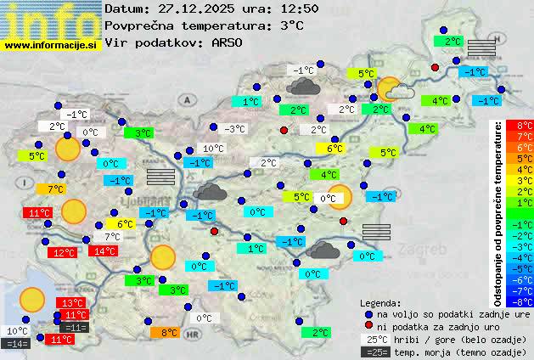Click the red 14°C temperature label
coord(104,251)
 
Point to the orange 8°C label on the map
coord(168,333)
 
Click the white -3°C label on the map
coord(235,129)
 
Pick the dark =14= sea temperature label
coord(16,344)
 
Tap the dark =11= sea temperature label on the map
coord(75,328)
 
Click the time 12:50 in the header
coord(273,9)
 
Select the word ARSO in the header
coord(230,42)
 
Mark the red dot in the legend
coord(368,326)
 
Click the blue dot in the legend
coord(368,313)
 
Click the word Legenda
coord(381,302)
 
